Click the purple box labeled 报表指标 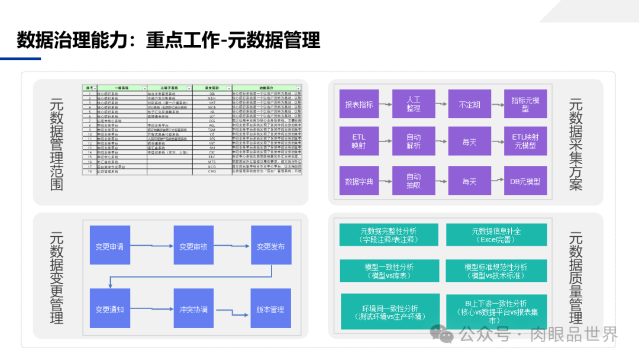[359, 105]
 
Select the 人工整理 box [414, 104]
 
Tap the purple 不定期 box [469, 105]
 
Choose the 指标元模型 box [525, 105]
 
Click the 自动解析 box [414, 142]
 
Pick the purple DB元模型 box [525, 182]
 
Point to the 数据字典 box [359, 182]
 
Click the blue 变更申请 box [109, 246]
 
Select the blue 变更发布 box [270, 246]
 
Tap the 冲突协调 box [193, 309]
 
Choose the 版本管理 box [270, 309]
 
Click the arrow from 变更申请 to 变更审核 [151, 246]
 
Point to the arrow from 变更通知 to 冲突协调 [151, 309]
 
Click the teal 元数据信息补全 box [497, 235]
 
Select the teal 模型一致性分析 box [389, 271]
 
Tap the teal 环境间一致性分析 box [390, 312]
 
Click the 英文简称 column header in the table [212, 88]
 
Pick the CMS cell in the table [212, 171]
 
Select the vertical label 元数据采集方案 [575, 144]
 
